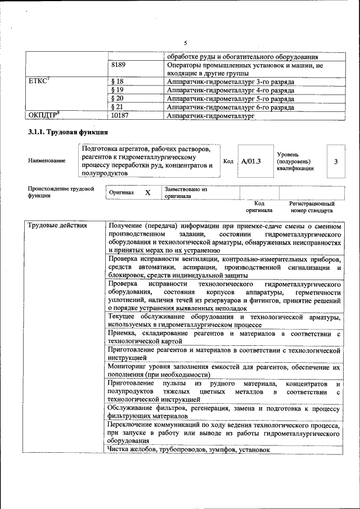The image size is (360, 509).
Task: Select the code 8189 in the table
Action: pos(118,65)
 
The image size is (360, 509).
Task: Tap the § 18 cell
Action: pos(118,82)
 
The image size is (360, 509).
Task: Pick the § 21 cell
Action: pos(118,107)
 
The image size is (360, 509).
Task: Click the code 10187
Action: pos(120,115)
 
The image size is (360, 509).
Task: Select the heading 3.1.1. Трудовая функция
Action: pos(65,133)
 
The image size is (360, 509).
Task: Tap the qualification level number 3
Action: pos(336,161)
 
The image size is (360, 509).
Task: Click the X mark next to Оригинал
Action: pos(148,192)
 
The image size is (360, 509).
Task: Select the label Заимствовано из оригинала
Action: pos(186,193)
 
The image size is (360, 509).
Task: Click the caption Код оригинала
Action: pos(259,207)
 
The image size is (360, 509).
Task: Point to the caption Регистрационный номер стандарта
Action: pos(312,207)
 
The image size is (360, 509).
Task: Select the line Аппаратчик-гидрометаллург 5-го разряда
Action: pos(231,98)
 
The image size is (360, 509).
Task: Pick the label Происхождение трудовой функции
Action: pos(61,192)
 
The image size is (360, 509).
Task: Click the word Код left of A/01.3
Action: pos(228,161)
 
